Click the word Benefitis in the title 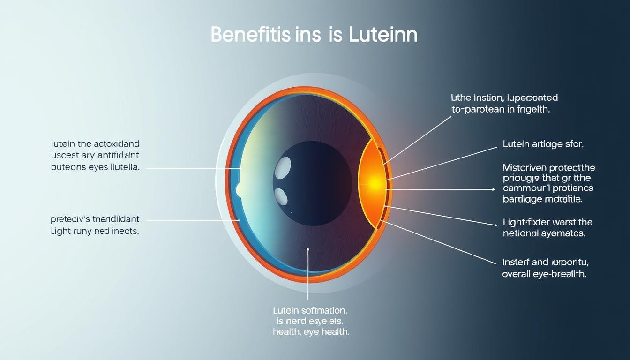coord(251,35)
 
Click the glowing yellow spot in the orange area coord(374,183)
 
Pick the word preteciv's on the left coord(70,219)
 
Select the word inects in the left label coord(124,231)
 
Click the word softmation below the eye coord(323,310)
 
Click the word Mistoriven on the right coord(527,167)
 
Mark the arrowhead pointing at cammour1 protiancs coord(493,189)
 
